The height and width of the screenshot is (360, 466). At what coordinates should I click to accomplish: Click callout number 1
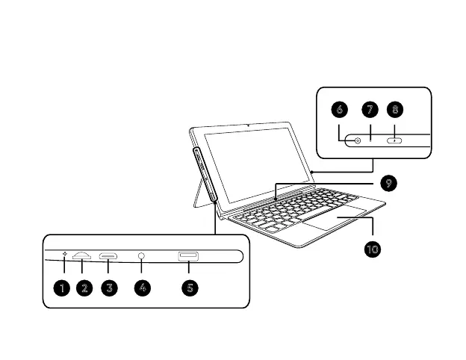coord(63,288)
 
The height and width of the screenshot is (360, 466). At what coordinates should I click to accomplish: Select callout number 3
coord(109,288)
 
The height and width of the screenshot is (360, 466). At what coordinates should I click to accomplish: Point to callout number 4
coord(142,288)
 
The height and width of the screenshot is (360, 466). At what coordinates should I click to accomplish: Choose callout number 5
coord(190,288)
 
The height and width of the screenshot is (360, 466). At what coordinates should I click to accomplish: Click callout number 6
coord(341,110)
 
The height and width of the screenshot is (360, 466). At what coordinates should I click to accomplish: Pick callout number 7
coord(370,110)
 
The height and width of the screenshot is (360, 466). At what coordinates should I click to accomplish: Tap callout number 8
coord(396,110)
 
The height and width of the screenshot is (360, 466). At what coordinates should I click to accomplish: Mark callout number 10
coord(372,248)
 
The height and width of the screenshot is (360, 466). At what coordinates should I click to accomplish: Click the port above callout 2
coord(82,257)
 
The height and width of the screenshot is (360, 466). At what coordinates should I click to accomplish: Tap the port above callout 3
coord(109,257)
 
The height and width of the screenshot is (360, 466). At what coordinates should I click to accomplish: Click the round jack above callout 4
coord(142,257)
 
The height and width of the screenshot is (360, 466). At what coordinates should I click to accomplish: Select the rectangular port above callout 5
coord(187,257)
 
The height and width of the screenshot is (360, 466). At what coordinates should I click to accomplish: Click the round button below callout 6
coord(357,140)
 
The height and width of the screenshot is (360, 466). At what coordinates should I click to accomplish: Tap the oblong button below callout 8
coord(394,140)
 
